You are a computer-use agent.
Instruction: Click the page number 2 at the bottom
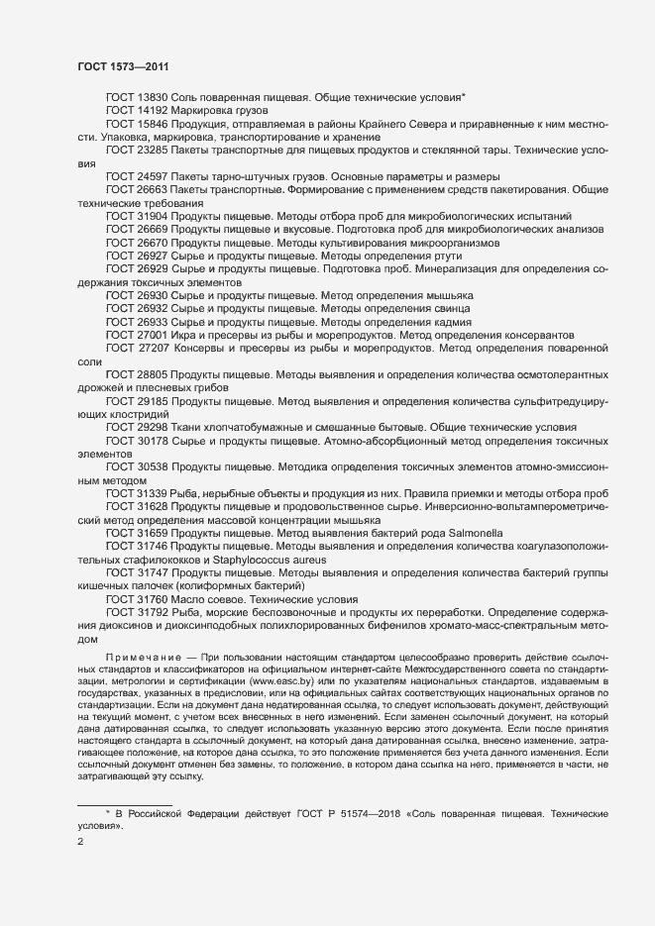coord(81,843)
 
